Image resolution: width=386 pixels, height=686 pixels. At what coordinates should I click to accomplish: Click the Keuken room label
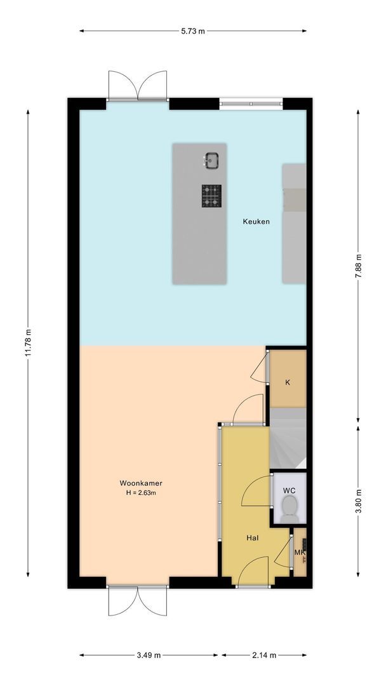pos(256,222)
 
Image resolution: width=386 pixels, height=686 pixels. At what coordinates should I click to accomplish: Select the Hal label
pos(252,538)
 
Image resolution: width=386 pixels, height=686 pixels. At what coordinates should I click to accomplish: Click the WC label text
pos(289,491)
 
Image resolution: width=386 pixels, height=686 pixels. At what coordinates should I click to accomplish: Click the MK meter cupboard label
pos(300,553)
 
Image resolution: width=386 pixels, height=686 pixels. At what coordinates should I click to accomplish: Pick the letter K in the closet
pos(288,382)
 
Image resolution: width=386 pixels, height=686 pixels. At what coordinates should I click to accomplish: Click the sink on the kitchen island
pos(211,161)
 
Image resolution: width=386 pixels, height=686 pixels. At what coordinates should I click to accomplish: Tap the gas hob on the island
pos(211,196)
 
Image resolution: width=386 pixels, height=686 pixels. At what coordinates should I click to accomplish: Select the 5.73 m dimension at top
pos(193,31)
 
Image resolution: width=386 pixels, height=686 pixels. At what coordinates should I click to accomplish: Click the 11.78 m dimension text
pos(28,342)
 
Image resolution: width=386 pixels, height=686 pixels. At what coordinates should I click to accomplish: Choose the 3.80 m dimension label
pos(358,501)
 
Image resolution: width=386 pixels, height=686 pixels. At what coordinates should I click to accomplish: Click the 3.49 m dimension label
pos(149,655)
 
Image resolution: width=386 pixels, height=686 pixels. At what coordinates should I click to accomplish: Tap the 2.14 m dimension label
pos(264,655)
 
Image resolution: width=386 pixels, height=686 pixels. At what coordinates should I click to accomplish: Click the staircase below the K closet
pos(288,438)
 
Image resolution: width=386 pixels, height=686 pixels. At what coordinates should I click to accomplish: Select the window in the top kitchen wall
pos(251,104)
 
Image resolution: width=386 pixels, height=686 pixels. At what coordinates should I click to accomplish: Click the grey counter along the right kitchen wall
pos(294,224)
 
